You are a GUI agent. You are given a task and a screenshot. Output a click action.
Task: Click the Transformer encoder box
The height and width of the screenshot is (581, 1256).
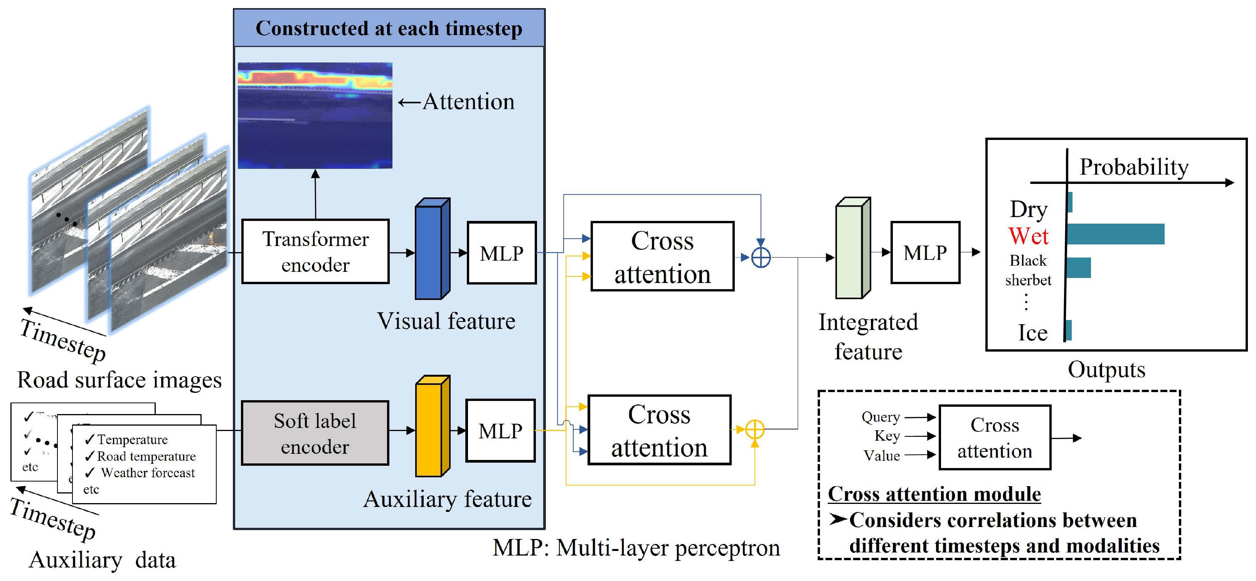[x=315, y=251]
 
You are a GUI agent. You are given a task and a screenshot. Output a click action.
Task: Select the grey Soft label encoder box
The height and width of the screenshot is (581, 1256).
[x=315, y=433]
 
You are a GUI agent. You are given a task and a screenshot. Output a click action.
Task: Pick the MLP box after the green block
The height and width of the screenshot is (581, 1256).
[x=924, y=253]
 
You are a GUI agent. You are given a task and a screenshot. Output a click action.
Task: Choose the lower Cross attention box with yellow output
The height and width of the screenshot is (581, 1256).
[x=659, y=430]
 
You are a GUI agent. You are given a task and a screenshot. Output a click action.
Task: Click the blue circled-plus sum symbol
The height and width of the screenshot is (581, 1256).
[x=761, y=258]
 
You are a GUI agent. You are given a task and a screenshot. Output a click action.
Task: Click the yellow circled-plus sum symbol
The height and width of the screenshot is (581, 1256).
[x=754, y=429]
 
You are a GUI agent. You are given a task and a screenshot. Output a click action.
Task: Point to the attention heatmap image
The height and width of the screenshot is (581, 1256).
[x=315, y=116]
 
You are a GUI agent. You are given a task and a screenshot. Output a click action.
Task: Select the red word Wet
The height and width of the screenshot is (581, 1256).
[x=1028, y=236]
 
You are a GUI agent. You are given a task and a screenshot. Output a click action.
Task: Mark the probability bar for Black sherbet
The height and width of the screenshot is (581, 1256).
[x=1078, y=268]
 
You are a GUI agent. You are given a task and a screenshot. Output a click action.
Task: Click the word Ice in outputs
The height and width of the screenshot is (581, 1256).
[x=1032, y=333]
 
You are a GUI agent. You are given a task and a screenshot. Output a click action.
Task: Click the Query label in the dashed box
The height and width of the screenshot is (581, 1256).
[x=880, y=417]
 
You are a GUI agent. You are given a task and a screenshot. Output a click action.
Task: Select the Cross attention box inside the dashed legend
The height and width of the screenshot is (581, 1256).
[x=994, y=437]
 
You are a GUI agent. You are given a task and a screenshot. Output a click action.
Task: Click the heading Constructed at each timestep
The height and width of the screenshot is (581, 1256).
[x=389, y=28]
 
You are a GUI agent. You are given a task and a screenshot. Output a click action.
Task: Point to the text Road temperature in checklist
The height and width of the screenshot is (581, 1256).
[x=146, y=456]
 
